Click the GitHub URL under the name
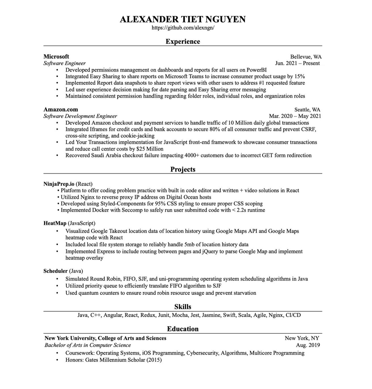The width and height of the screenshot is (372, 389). [183, 28]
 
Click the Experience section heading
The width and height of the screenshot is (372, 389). [183, 41]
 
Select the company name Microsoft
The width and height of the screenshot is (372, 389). [56, 56]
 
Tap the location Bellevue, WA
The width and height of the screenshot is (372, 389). [306, 57]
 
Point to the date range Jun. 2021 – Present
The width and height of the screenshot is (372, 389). [297, 63]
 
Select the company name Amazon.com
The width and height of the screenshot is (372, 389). [60, 110]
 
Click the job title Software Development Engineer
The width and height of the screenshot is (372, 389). [80, 116]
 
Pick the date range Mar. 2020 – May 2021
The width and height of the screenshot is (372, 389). [295, 116]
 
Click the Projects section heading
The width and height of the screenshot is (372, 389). [183, 169]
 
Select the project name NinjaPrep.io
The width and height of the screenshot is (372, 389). [59, 184]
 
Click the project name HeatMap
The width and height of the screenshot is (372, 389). [55, 223]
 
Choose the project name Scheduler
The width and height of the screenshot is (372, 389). [55, 271]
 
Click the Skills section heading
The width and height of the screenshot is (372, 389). [183, 307]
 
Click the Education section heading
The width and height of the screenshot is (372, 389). [183, 329]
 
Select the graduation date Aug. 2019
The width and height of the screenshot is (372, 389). [308, 345]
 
